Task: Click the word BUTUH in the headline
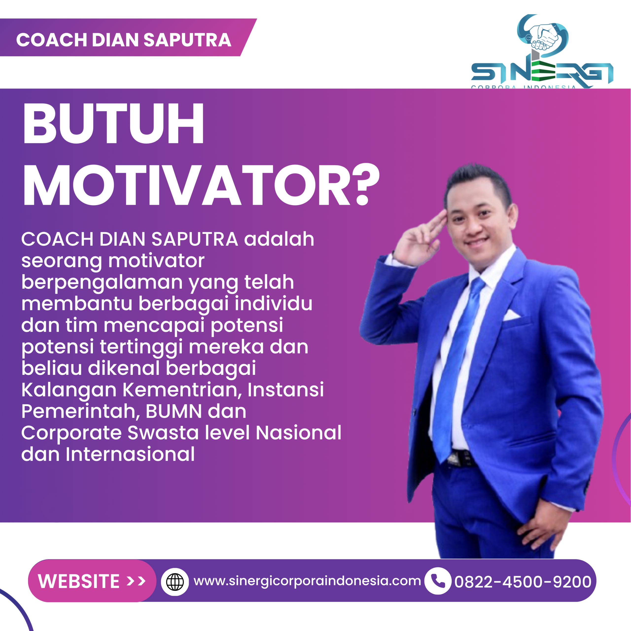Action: pos(113,123)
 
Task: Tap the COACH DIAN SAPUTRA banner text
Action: pos(123,40)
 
